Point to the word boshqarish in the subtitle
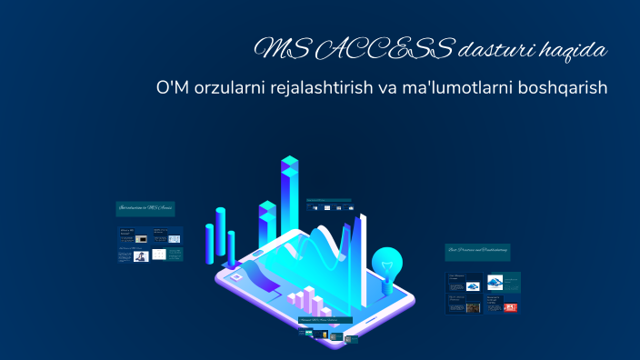pyautogui.click(x=558, y=89)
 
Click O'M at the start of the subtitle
pyautogui.click(x=172, y=89)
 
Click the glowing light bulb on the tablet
pyautogui.click(x=388, y=264)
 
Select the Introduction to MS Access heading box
pyautogui.click(x=145, y=208)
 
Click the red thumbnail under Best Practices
pyautogui.click(x=510, y=307)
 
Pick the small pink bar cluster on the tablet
pyautogui.click(x=304, y=301)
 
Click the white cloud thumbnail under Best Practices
pyautogui.click(x=495, y=282)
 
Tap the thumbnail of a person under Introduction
pyautogui.click(x=141, y=255)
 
